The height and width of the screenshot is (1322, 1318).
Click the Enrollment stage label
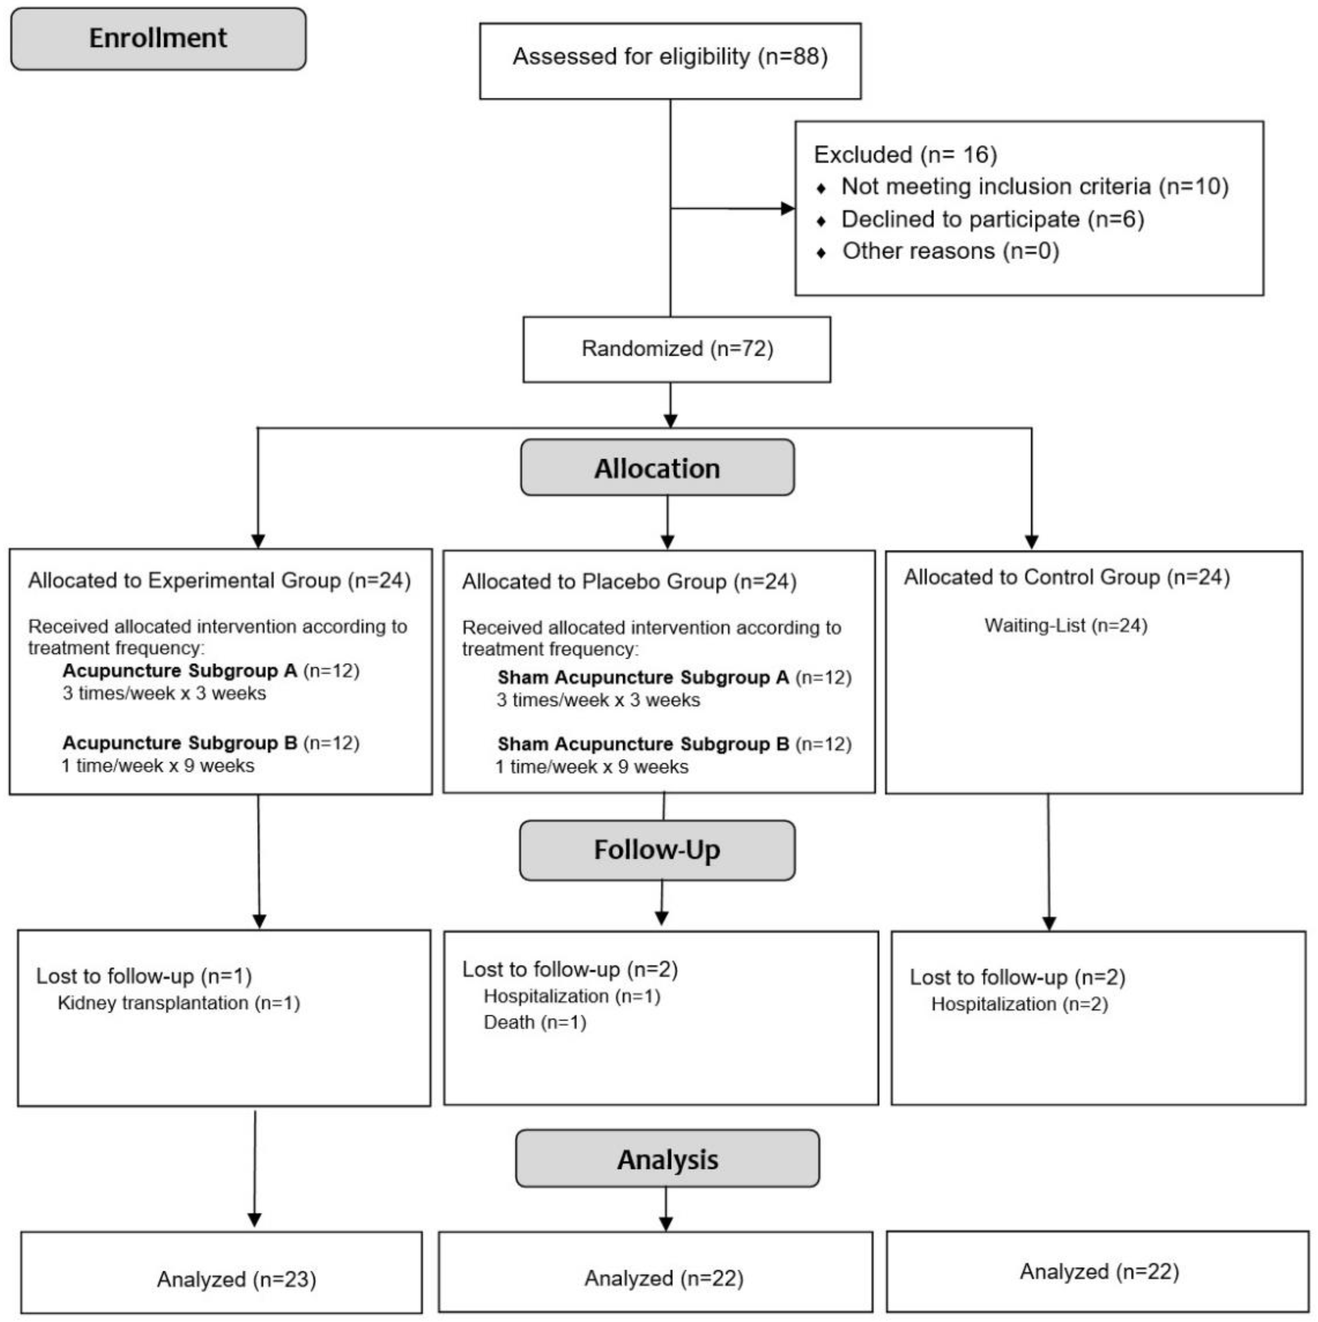click(x=158, y=38)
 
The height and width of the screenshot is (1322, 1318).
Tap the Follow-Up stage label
click(x=657, y=850)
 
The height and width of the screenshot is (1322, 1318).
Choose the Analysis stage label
click(x=667, y=1159)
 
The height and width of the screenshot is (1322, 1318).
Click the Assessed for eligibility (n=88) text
click(x=670, y=57)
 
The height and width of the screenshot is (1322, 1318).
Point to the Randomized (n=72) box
click(x=677, y=349)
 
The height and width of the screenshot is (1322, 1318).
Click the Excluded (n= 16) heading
click(x=905, y=155)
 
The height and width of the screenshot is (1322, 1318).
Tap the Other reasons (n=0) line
click(x=951, y=251)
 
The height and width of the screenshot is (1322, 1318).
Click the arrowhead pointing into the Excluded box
click(x=788, y=208)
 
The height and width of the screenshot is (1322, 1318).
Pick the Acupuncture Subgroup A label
click(x=180, y=671)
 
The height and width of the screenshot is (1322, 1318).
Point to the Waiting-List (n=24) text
click(x=1066, y=625)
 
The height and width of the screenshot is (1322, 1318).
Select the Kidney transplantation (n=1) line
click(x=179, y=1003)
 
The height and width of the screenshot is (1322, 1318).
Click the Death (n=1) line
click(x=534, y=1022)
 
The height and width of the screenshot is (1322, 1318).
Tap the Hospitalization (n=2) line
click(x=1019, y=1005)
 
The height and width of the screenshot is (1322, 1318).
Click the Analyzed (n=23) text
click(x=237, y=1280)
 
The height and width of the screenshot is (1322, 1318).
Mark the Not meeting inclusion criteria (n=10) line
click(x=1035, y=186)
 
